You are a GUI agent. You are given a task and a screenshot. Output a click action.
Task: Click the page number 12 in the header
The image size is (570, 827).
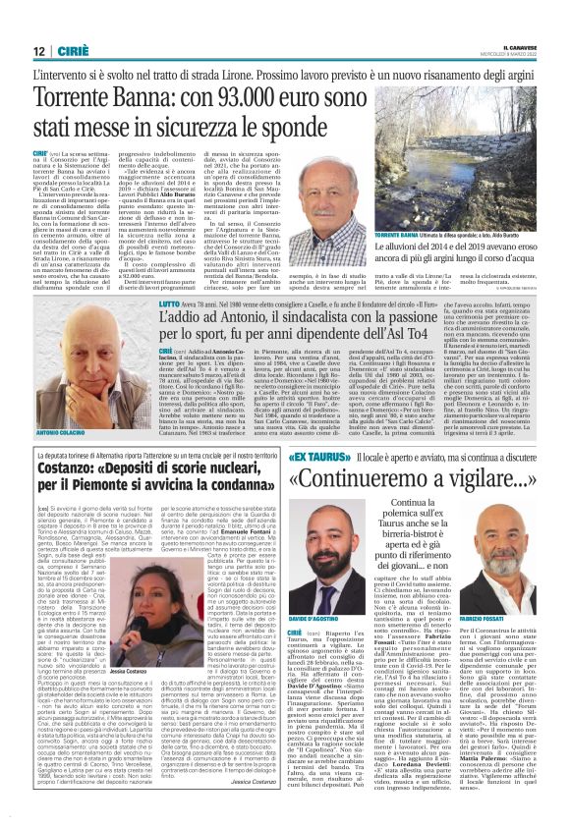(39, 51)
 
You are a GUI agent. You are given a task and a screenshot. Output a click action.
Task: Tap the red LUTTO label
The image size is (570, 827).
(171, 305)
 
